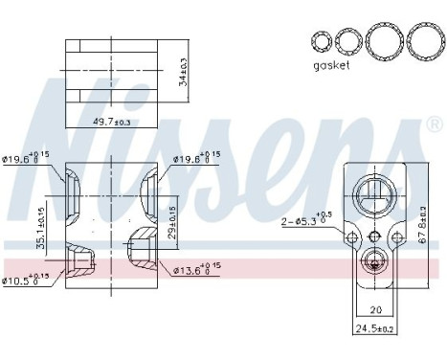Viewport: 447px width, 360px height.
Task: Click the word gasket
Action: point(331,66)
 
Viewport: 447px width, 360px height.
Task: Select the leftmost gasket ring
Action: point(321,40)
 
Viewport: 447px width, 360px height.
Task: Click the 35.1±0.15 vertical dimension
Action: point(40,221)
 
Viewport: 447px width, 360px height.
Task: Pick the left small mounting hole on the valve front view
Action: point(352,237)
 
